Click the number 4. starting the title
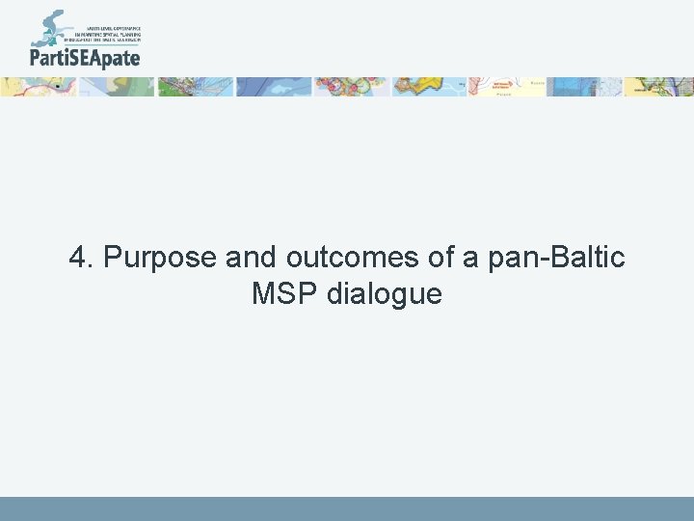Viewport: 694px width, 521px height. (81, 259)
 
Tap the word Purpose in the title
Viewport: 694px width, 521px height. (159, 259)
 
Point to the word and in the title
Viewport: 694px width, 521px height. (251, 259)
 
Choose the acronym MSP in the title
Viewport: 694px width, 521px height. (285, 293)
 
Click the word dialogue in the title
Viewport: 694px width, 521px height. (385, 293)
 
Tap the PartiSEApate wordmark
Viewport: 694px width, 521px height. (85, 58)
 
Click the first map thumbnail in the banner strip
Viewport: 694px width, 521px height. (39, 87)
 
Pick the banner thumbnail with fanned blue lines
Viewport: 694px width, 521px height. (196, 87)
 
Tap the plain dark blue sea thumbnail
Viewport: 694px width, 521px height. (274, 87)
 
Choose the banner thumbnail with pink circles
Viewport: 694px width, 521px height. (351, 87)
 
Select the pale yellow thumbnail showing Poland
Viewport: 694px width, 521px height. (506, 87)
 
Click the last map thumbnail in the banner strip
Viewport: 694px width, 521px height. (659, 87)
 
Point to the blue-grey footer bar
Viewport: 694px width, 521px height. (347, 508)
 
